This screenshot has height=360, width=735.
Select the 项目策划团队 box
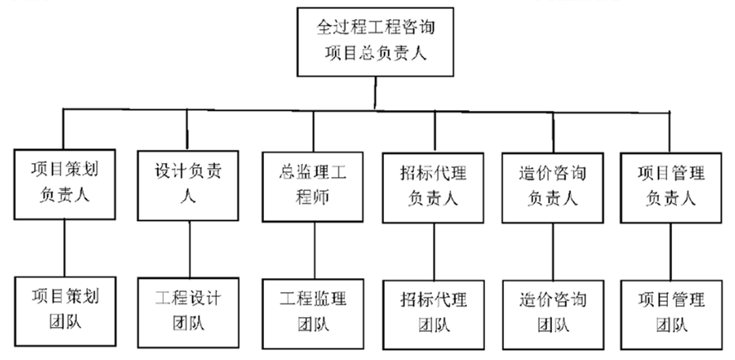point(65,310)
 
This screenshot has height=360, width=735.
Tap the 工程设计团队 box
point(188,310)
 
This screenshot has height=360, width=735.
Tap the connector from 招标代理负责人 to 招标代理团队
point(434,252)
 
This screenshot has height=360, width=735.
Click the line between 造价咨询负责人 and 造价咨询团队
point(552,252)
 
